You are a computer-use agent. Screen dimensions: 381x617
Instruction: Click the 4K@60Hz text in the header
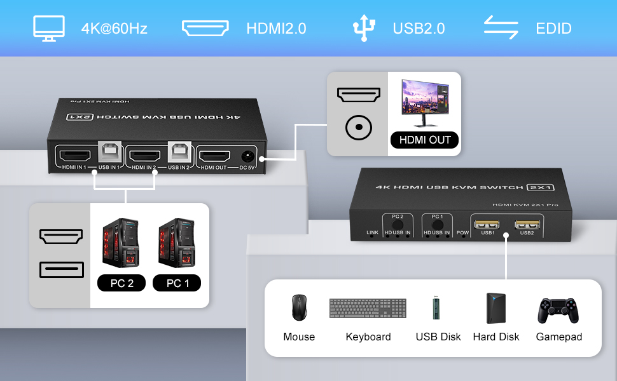[114, 29]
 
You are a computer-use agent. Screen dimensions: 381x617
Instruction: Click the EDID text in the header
[553, 29]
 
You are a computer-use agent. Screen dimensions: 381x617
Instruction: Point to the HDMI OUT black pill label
[424, 140]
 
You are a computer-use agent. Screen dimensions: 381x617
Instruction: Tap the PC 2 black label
[121, 283]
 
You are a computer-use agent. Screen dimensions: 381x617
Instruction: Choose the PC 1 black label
[177, 283]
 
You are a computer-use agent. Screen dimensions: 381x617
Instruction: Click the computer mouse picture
[298, 308]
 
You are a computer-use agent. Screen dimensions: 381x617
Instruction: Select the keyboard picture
[368, 308]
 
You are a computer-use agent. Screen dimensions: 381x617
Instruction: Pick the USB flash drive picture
[436, 307]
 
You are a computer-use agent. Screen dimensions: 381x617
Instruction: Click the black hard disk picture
[496, 309]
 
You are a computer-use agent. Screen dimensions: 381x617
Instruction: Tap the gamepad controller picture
[558, 310]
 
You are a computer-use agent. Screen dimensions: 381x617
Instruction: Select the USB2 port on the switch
[527, 224]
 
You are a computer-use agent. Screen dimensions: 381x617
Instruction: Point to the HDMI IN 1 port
[75, 154]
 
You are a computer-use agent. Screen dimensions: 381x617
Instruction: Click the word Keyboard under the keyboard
[368, 337]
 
